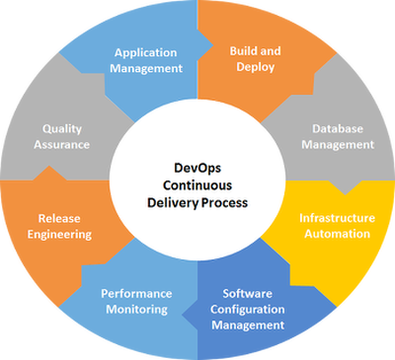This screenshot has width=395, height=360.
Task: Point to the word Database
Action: [337, 128]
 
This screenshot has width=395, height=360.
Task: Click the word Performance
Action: [136, 293]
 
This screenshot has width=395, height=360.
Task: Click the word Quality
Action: [65, 128]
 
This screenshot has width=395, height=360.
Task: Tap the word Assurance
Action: [65, 144]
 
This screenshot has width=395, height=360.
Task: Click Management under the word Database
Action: [337, 144]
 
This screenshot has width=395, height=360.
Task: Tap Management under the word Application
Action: [148, 68]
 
